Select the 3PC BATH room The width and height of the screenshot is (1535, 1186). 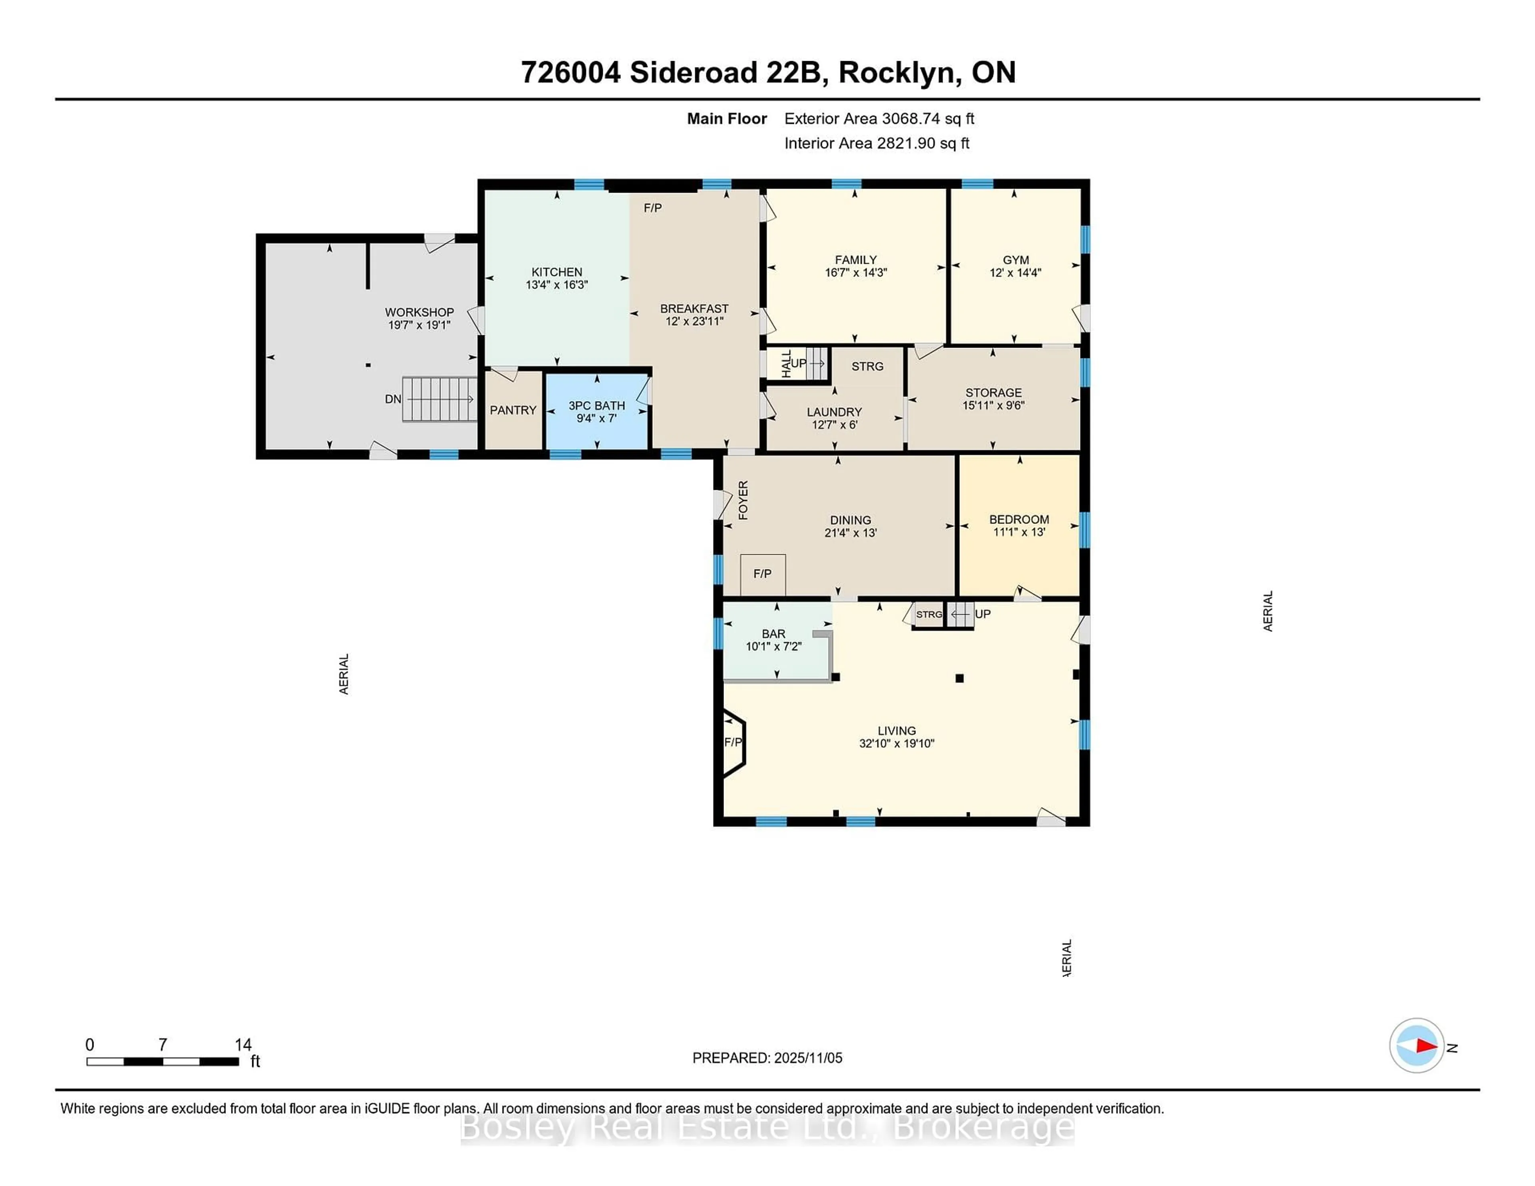coord(597,412)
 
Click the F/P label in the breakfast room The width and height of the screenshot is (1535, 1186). coord(652,208)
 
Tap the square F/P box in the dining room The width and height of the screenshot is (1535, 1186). coord(763,574)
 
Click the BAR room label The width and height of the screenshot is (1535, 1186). coord(773,634)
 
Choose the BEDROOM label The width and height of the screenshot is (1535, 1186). coord(1019,519)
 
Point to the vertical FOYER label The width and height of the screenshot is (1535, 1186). coord(743,500)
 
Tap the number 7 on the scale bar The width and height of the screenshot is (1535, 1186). coord(162,1045)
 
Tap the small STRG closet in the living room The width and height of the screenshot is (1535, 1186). coord(929,615)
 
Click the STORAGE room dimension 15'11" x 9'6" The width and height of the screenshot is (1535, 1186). coord(993,406)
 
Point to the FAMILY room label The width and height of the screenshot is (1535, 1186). coord(855,260)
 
